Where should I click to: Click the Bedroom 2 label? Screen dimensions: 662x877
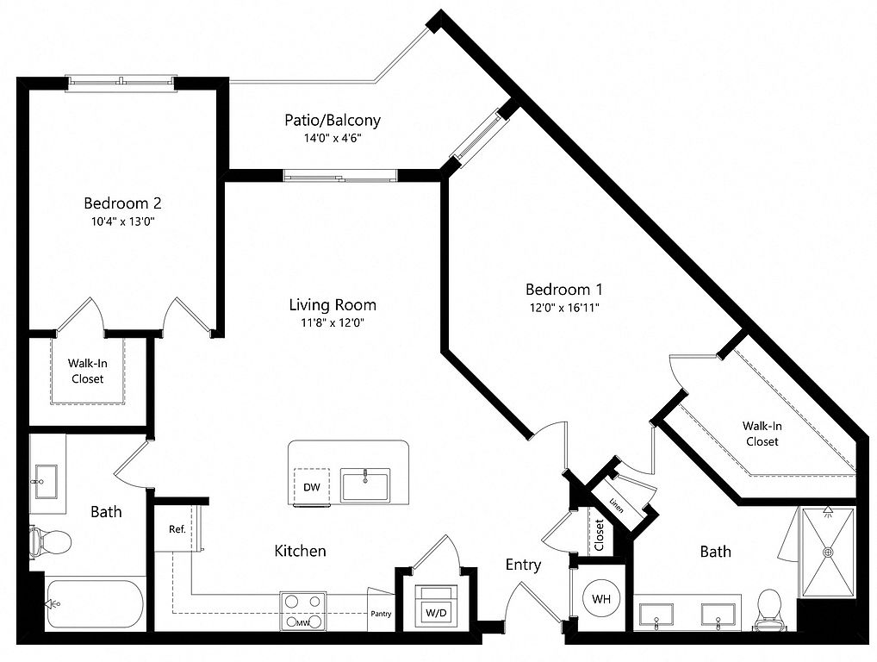(x=122, y=203)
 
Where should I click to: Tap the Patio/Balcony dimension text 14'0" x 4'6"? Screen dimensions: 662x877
(x=333, y=138)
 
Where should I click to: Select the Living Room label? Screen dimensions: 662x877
(x=333, y=305)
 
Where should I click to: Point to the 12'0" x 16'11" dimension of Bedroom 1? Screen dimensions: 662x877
(x=563, y=307)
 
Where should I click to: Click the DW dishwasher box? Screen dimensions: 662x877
(x=312, y=487)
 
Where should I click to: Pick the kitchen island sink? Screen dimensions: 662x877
(x=365, y=484)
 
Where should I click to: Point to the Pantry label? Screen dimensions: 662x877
(x=381, y=615)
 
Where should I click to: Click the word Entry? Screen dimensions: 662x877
(x=523, y=565)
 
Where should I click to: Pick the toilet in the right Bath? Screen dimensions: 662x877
(x=767, y=609)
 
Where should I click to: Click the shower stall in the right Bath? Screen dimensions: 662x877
(x=828, y=552)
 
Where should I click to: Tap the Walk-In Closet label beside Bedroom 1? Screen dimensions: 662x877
(x=762, y=433)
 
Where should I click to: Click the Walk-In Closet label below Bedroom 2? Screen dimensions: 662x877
(x=87, y=371)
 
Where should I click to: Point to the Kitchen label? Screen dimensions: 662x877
(x=301, y=550)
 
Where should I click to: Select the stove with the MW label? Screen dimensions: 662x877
(x=303, y=612)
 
